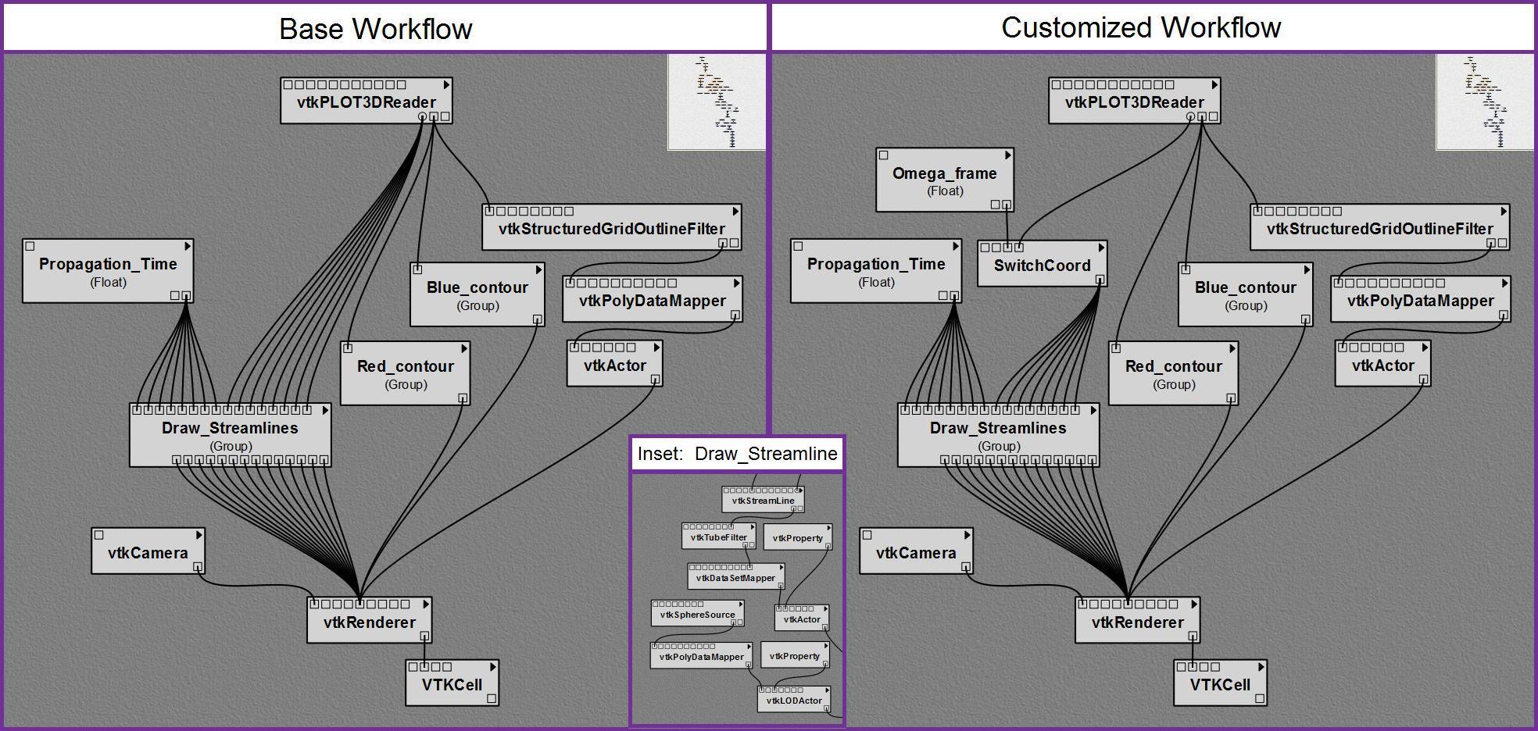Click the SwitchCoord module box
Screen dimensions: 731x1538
click(1042, 265)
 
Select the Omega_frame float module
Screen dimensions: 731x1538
click(944, 180)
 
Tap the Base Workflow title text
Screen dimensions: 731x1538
click(375, 29)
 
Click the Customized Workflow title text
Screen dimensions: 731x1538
click(1141, 27)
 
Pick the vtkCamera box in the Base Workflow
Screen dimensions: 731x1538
click(148, 552)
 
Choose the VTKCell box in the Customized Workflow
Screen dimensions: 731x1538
click(1220, 684)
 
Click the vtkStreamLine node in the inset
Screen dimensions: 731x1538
click(763, 501)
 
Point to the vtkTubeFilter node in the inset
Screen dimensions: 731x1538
click(718, 537)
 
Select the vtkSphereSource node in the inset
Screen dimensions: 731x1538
click(697, 614)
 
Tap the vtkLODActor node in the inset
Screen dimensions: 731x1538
click(793, 700)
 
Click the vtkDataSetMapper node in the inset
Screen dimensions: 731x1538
click(735, 578)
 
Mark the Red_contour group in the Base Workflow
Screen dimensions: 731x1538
click(405, 373)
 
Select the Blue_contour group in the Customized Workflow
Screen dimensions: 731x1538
click(1245, 294)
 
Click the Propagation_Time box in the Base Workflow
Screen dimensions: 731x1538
click(108, 271)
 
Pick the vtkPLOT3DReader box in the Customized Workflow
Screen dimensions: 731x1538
click(1134, 102)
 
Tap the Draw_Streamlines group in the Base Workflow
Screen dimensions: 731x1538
click(230, 435)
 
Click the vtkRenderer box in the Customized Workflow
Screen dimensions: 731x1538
click(1137, 622)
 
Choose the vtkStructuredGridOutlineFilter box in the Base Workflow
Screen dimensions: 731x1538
click(611, 228)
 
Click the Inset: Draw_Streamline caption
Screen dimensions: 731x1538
click(737, 454)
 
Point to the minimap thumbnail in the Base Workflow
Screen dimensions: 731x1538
click(717, 102)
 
